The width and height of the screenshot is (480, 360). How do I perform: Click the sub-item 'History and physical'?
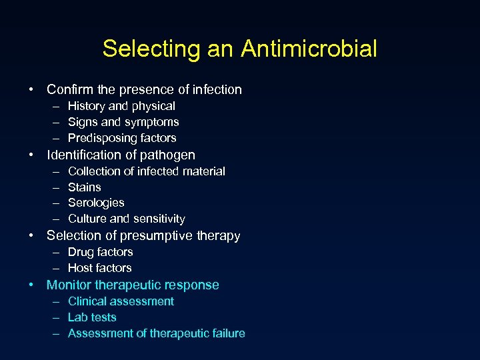tap(121, 106)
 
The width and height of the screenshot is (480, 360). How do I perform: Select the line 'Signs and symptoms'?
tap(123, 122)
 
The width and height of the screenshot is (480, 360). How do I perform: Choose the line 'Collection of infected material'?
tap(147, 171)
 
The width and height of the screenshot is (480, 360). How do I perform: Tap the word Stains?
tap(85, 187)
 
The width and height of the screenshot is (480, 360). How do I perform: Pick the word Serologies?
tap(96, 203)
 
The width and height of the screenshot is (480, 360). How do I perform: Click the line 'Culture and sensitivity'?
tap(127, 219)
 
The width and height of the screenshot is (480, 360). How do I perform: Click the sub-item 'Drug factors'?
tap(101, 252)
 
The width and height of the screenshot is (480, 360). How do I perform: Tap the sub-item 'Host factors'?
tap(100, 268)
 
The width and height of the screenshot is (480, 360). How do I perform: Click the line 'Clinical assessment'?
tap(121, 301)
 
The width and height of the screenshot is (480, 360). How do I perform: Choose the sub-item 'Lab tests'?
tap(92, 317)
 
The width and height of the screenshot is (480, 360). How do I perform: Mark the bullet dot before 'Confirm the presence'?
tap(31, 89)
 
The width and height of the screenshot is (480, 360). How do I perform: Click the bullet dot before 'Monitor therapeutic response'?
tap(31, 285)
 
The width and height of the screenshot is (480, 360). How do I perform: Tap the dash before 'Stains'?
tap(54, 187)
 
